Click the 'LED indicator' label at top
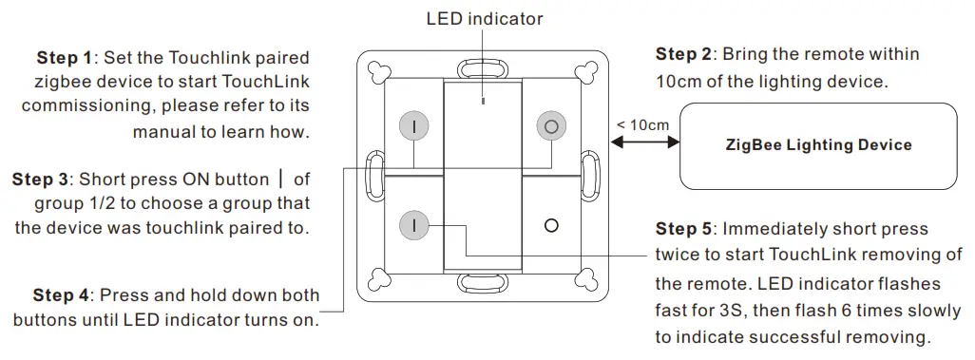485,18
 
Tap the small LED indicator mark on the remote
483,99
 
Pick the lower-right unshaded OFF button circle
549,225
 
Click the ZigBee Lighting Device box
817,145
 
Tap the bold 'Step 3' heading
40,179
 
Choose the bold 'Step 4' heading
61,295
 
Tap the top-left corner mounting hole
380,73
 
